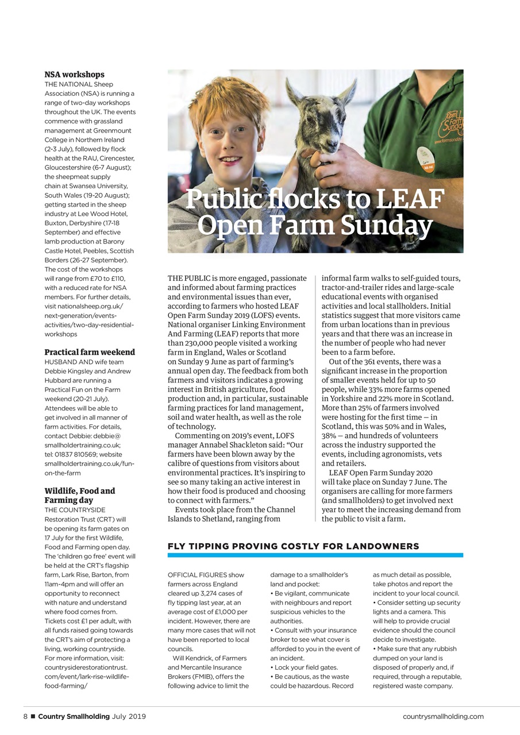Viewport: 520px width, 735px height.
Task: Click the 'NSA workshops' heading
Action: tap(75, 75)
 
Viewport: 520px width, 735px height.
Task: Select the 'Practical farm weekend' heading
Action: tap(90, 352)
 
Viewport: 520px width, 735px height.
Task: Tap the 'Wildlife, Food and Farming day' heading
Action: tap(80, 496)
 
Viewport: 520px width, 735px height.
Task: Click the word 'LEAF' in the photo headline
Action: tap(410, 200)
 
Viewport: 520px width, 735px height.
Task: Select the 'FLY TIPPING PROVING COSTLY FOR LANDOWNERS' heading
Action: tap(293, 546)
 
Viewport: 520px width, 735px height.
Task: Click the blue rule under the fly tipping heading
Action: tap(315, 555)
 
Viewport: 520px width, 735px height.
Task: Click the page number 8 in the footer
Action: tap(25, 716)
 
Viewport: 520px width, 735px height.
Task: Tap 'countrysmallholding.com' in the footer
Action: tap(443, 716)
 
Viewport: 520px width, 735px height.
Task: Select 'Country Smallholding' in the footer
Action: tap(74, 716)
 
